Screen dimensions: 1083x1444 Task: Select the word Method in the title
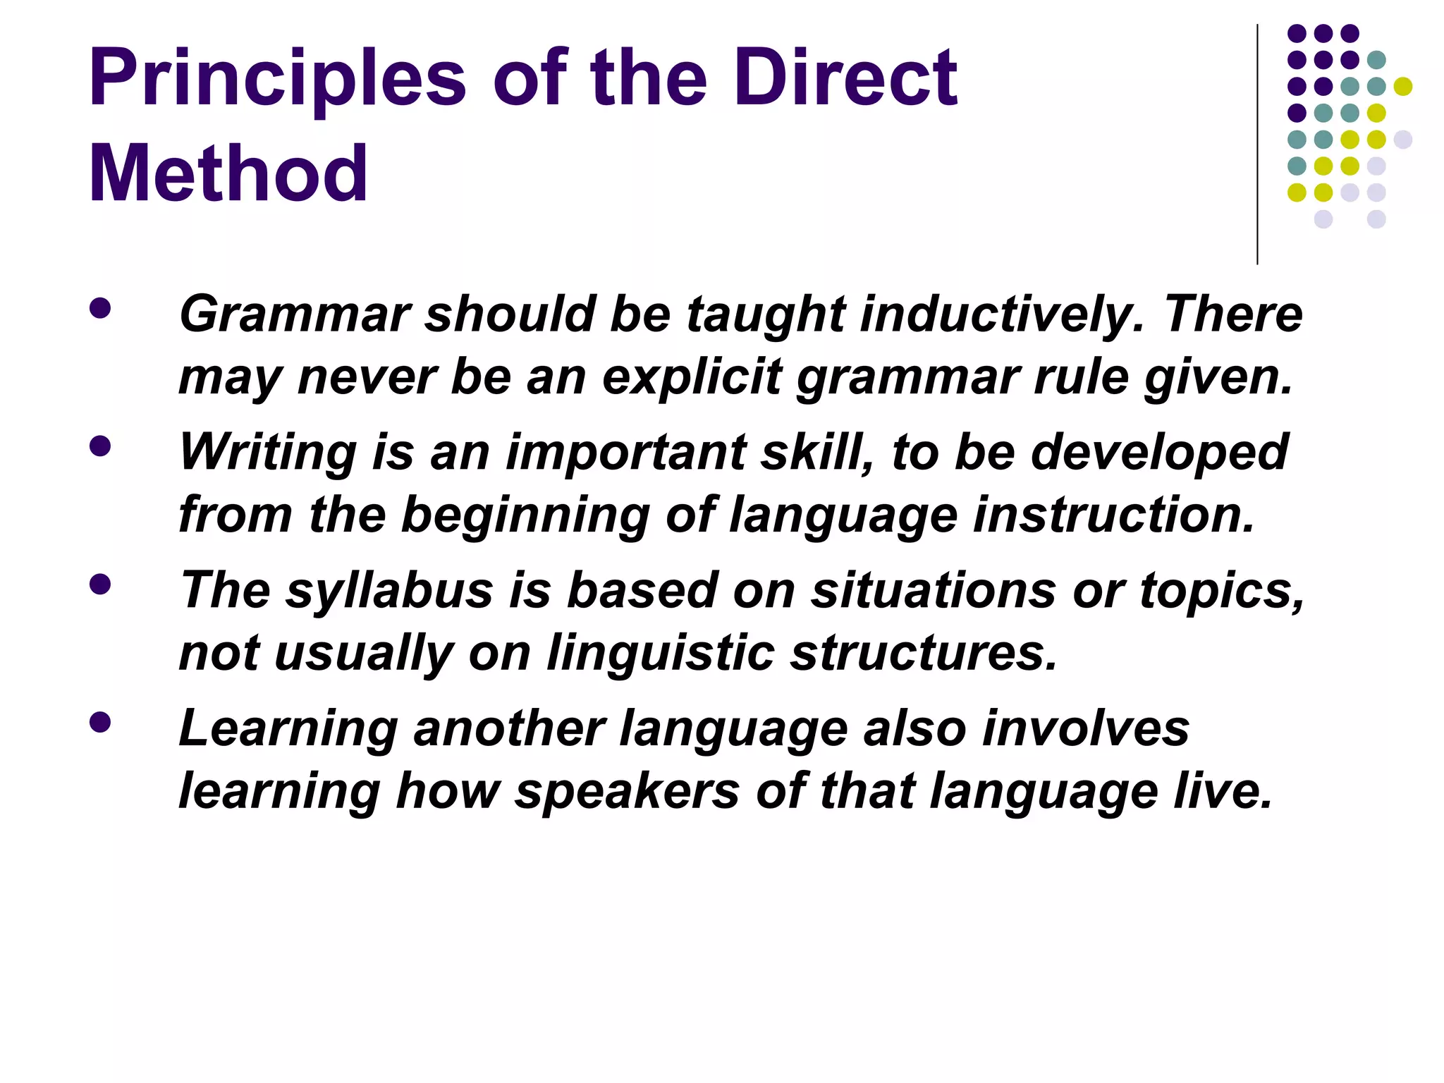coord(228,173)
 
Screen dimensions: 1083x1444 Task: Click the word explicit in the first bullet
coord(692,377)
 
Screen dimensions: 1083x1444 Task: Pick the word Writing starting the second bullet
coord(267,453)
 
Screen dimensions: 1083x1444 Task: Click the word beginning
coord(525,515)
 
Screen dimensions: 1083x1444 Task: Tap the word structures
coord(924,653)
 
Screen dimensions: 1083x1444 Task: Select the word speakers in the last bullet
coord(627,791)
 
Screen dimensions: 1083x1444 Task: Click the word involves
coord(1086,728)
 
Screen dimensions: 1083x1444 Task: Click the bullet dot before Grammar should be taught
coord(100,309)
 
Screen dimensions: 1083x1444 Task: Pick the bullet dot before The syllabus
coord(100,585)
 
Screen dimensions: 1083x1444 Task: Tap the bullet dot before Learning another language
coord(100,723)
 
